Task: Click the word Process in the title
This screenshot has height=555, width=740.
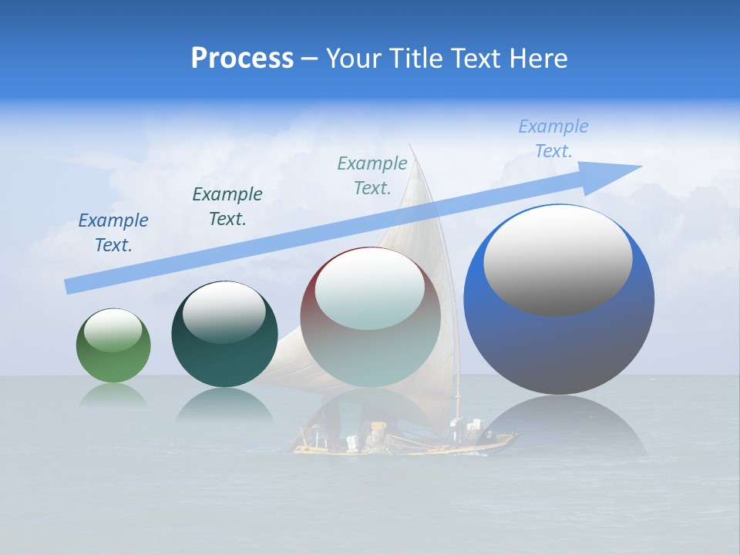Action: (x=242, y=59)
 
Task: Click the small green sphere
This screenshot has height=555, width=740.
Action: (x=113, y=346)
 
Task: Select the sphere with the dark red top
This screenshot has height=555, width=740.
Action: (x=371, y=318)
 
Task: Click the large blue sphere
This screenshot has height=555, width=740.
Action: (x=559, y=300)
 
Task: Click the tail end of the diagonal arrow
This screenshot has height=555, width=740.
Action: (x=71, y=286)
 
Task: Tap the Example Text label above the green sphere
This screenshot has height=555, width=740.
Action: (x=113, y=233)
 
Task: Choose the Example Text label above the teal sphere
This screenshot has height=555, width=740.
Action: (x=227, y=207)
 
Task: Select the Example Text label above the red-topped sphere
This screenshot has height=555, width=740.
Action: (x=372, y=175)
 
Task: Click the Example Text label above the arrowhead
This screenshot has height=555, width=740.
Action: (x=553, y=139)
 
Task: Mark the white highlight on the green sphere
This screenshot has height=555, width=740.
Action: (x=113, y=329)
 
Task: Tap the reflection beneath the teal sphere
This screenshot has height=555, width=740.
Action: (x=224, y=404)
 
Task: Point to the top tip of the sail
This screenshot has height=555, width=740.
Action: (x=411, y=146)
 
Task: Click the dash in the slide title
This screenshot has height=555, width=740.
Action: (x=309, y=59)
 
